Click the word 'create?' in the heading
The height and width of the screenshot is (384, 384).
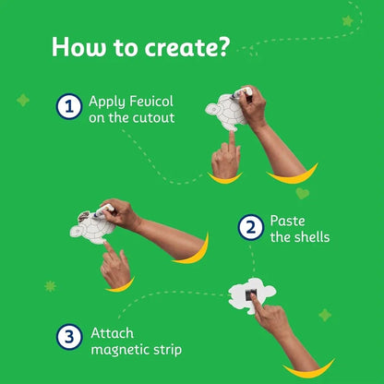(x=187, y=47)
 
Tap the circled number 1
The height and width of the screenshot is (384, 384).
(x=69, y=106)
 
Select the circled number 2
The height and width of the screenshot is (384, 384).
(x=251, y=227)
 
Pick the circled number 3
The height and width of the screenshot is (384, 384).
(x=69, y=337)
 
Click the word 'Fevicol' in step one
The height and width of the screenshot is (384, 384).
(x=151, y=102)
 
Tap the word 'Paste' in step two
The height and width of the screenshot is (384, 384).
(x=288, y=221)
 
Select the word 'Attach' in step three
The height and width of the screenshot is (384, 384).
(x=113, y=333)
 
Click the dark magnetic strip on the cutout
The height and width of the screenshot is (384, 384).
(x=251, y=295)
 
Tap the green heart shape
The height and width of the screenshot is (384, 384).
(x=303, y=194)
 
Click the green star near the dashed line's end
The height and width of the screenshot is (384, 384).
(x=348, y=21)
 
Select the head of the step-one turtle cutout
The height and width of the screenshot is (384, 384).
(x=211, y=109)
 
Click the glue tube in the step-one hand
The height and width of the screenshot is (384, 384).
(x=241, y=92)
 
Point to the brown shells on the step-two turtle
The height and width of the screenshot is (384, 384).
(x=84, y=216)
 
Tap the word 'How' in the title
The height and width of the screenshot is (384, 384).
(x=78, y=47)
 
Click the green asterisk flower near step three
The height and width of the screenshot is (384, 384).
(x=50, y=286)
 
